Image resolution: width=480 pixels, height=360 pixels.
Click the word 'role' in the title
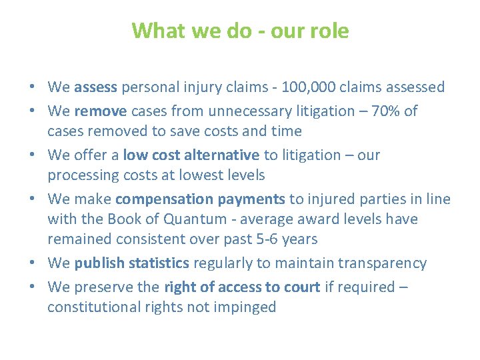(329, 31)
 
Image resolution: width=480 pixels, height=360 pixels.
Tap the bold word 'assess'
(96, 87)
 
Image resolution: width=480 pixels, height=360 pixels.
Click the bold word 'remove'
(97, 111)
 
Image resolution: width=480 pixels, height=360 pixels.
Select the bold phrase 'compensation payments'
(200, 199)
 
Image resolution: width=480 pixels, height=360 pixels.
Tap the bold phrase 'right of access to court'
(241, 287)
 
